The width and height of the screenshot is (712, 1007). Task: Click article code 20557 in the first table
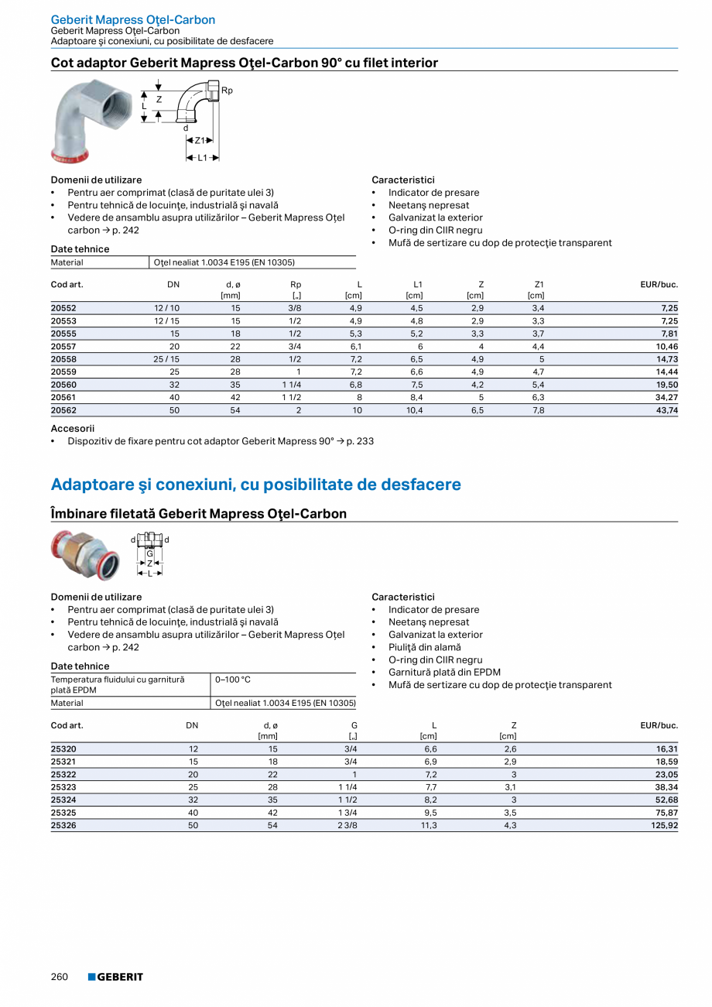coord(63,347)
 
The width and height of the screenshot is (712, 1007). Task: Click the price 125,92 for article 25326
coord(661,826)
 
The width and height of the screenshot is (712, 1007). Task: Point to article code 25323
coord(63,787)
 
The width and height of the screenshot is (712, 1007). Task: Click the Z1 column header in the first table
coord(539,285)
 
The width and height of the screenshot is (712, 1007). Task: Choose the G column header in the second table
coord(354,725)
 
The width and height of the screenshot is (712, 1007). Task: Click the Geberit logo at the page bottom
coord(115,977)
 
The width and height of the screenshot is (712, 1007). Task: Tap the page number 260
coord(60,977)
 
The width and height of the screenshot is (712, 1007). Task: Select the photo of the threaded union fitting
coord(85,554)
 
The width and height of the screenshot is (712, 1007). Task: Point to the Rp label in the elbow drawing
coord(227,91)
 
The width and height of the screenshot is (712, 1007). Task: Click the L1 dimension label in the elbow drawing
coord(203,157)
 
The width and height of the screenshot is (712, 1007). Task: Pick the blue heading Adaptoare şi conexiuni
coord(255,485)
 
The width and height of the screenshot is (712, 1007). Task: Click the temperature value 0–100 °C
coord(232,680)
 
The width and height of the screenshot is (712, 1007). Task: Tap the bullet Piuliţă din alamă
coord(424,647)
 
